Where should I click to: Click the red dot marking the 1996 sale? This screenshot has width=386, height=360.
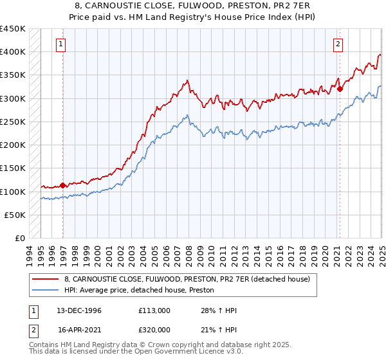pyautogui.click(x=63, y=186)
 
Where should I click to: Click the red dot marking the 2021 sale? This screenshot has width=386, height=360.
pyautogui.click(x=340, y=89)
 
